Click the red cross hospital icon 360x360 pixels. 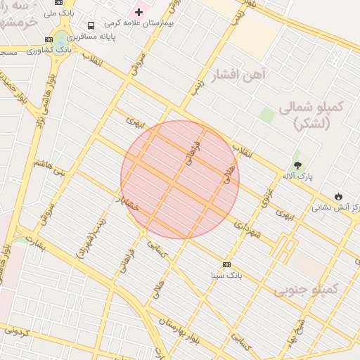click(x=139, y=11)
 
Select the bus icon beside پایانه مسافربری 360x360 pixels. click(x=91, y=25)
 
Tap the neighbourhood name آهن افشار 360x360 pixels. click(x=236, y=74)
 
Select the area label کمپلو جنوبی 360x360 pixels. click(x=306, y=289)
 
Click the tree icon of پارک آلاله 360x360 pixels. click(x=297, y=165)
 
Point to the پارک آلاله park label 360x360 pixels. click(x=298, y=176)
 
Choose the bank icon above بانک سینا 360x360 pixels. click(x=226, y=264)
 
